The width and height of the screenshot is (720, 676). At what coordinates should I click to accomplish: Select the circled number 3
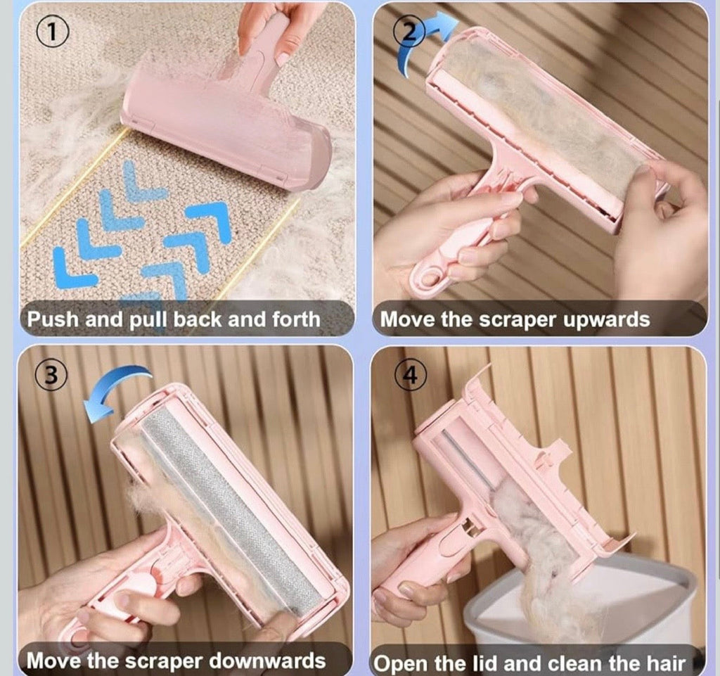point(50,377)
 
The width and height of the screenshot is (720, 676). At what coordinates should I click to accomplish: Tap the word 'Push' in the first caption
point(53,320)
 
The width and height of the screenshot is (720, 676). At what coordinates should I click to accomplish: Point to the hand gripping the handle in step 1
point(271,28)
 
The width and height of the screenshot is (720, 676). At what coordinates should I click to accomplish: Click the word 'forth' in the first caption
point(295,320)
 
